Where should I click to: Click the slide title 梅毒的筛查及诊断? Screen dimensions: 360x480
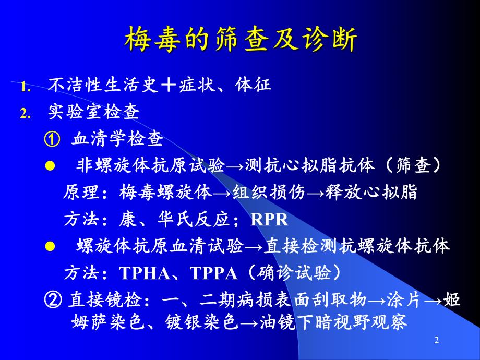(x=240, y=40)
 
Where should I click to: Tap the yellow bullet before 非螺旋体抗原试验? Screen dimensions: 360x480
(x=50, y=166)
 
